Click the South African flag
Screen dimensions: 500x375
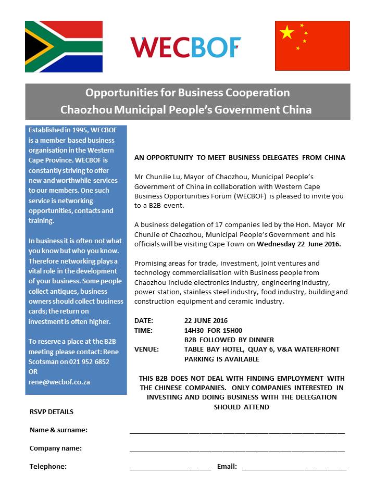click(64, 46)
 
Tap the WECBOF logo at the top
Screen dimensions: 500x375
click(186, 47)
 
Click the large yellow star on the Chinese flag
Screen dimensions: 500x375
click(287, 32)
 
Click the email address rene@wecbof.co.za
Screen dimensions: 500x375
click(59, 382)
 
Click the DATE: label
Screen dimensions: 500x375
click(144, 320)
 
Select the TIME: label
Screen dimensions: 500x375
click(144, 330)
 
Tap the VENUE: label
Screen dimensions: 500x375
click(147, 349)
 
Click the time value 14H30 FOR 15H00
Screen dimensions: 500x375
click(213, 330)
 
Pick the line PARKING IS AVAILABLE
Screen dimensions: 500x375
click(221, 359)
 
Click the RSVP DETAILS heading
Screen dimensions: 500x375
click(52, 412)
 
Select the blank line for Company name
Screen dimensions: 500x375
click(237, 451)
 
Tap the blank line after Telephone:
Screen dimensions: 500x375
click(170, 469)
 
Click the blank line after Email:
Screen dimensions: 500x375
click(294, 469)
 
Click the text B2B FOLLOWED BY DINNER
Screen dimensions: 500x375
click(229, 340)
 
